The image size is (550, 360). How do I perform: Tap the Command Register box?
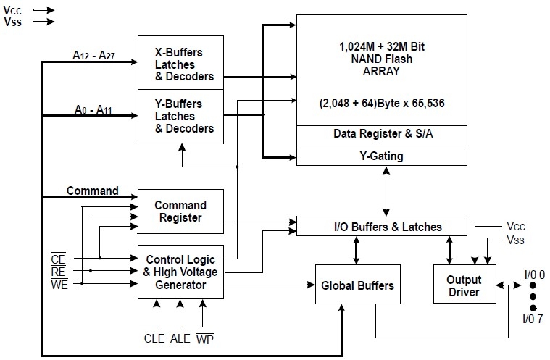point(180,211)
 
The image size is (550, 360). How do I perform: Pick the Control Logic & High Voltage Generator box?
point(180,272)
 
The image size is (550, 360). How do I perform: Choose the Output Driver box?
point(464,285)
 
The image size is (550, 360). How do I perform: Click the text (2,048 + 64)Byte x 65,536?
point(382,104)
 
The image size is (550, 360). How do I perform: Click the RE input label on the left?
point(59,272)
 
